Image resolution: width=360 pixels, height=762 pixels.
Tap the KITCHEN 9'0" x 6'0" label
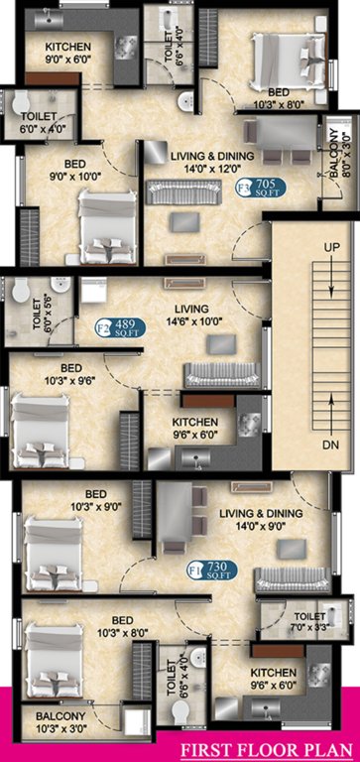pos(67,53)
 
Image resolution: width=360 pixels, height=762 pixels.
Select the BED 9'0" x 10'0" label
pos(68,170)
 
